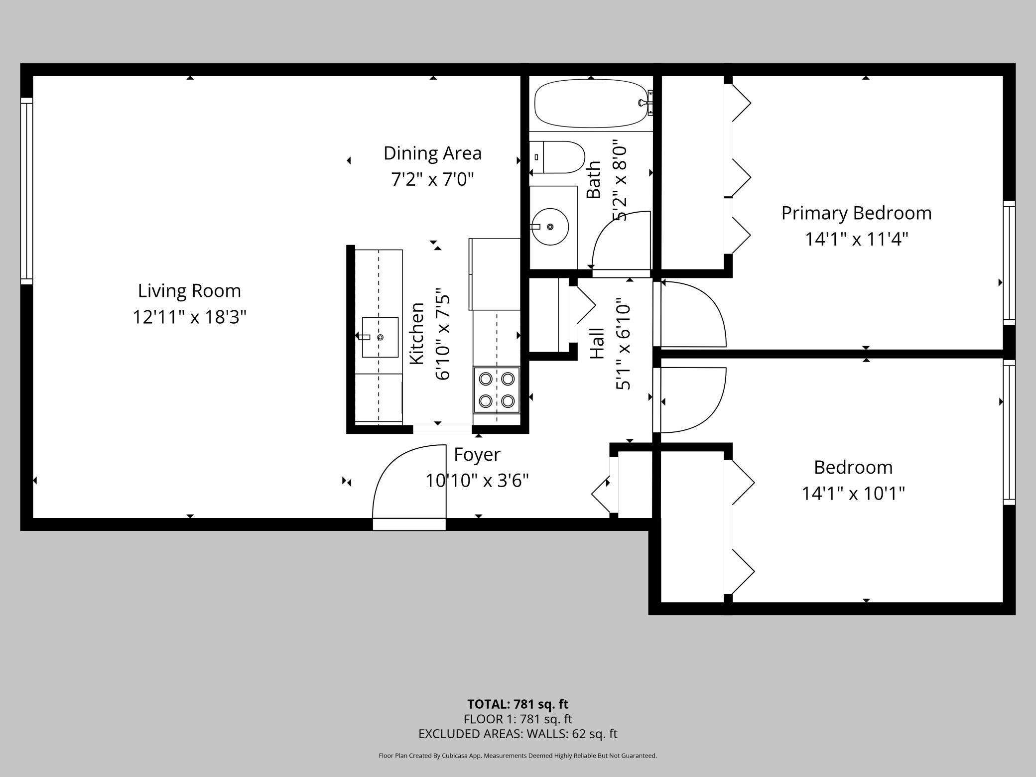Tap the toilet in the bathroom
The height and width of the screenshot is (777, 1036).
[557, 157]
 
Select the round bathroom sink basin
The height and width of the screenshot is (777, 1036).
[550, 227]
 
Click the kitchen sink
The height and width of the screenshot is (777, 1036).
[380, 337]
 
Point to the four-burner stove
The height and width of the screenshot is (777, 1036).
[497, 390]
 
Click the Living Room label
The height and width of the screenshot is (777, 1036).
[189, 290]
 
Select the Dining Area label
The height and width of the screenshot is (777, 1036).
[432, 153]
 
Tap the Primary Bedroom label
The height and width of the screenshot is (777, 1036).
[856, 213]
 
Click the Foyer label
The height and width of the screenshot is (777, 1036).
[477, 455]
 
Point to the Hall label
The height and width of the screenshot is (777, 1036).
[597, 343]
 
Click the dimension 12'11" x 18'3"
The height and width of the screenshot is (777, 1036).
[189, 317]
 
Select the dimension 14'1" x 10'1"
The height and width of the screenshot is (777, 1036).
[853, 494]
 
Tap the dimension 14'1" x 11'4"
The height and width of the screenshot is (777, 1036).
[857, 240]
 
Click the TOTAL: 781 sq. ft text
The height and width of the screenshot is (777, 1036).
[518, 704]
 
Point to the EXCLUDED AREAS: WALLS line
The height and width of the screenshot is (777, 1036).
[518, 734]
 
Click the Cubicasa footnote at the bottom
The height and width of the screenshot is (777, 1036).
[518, 756]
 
